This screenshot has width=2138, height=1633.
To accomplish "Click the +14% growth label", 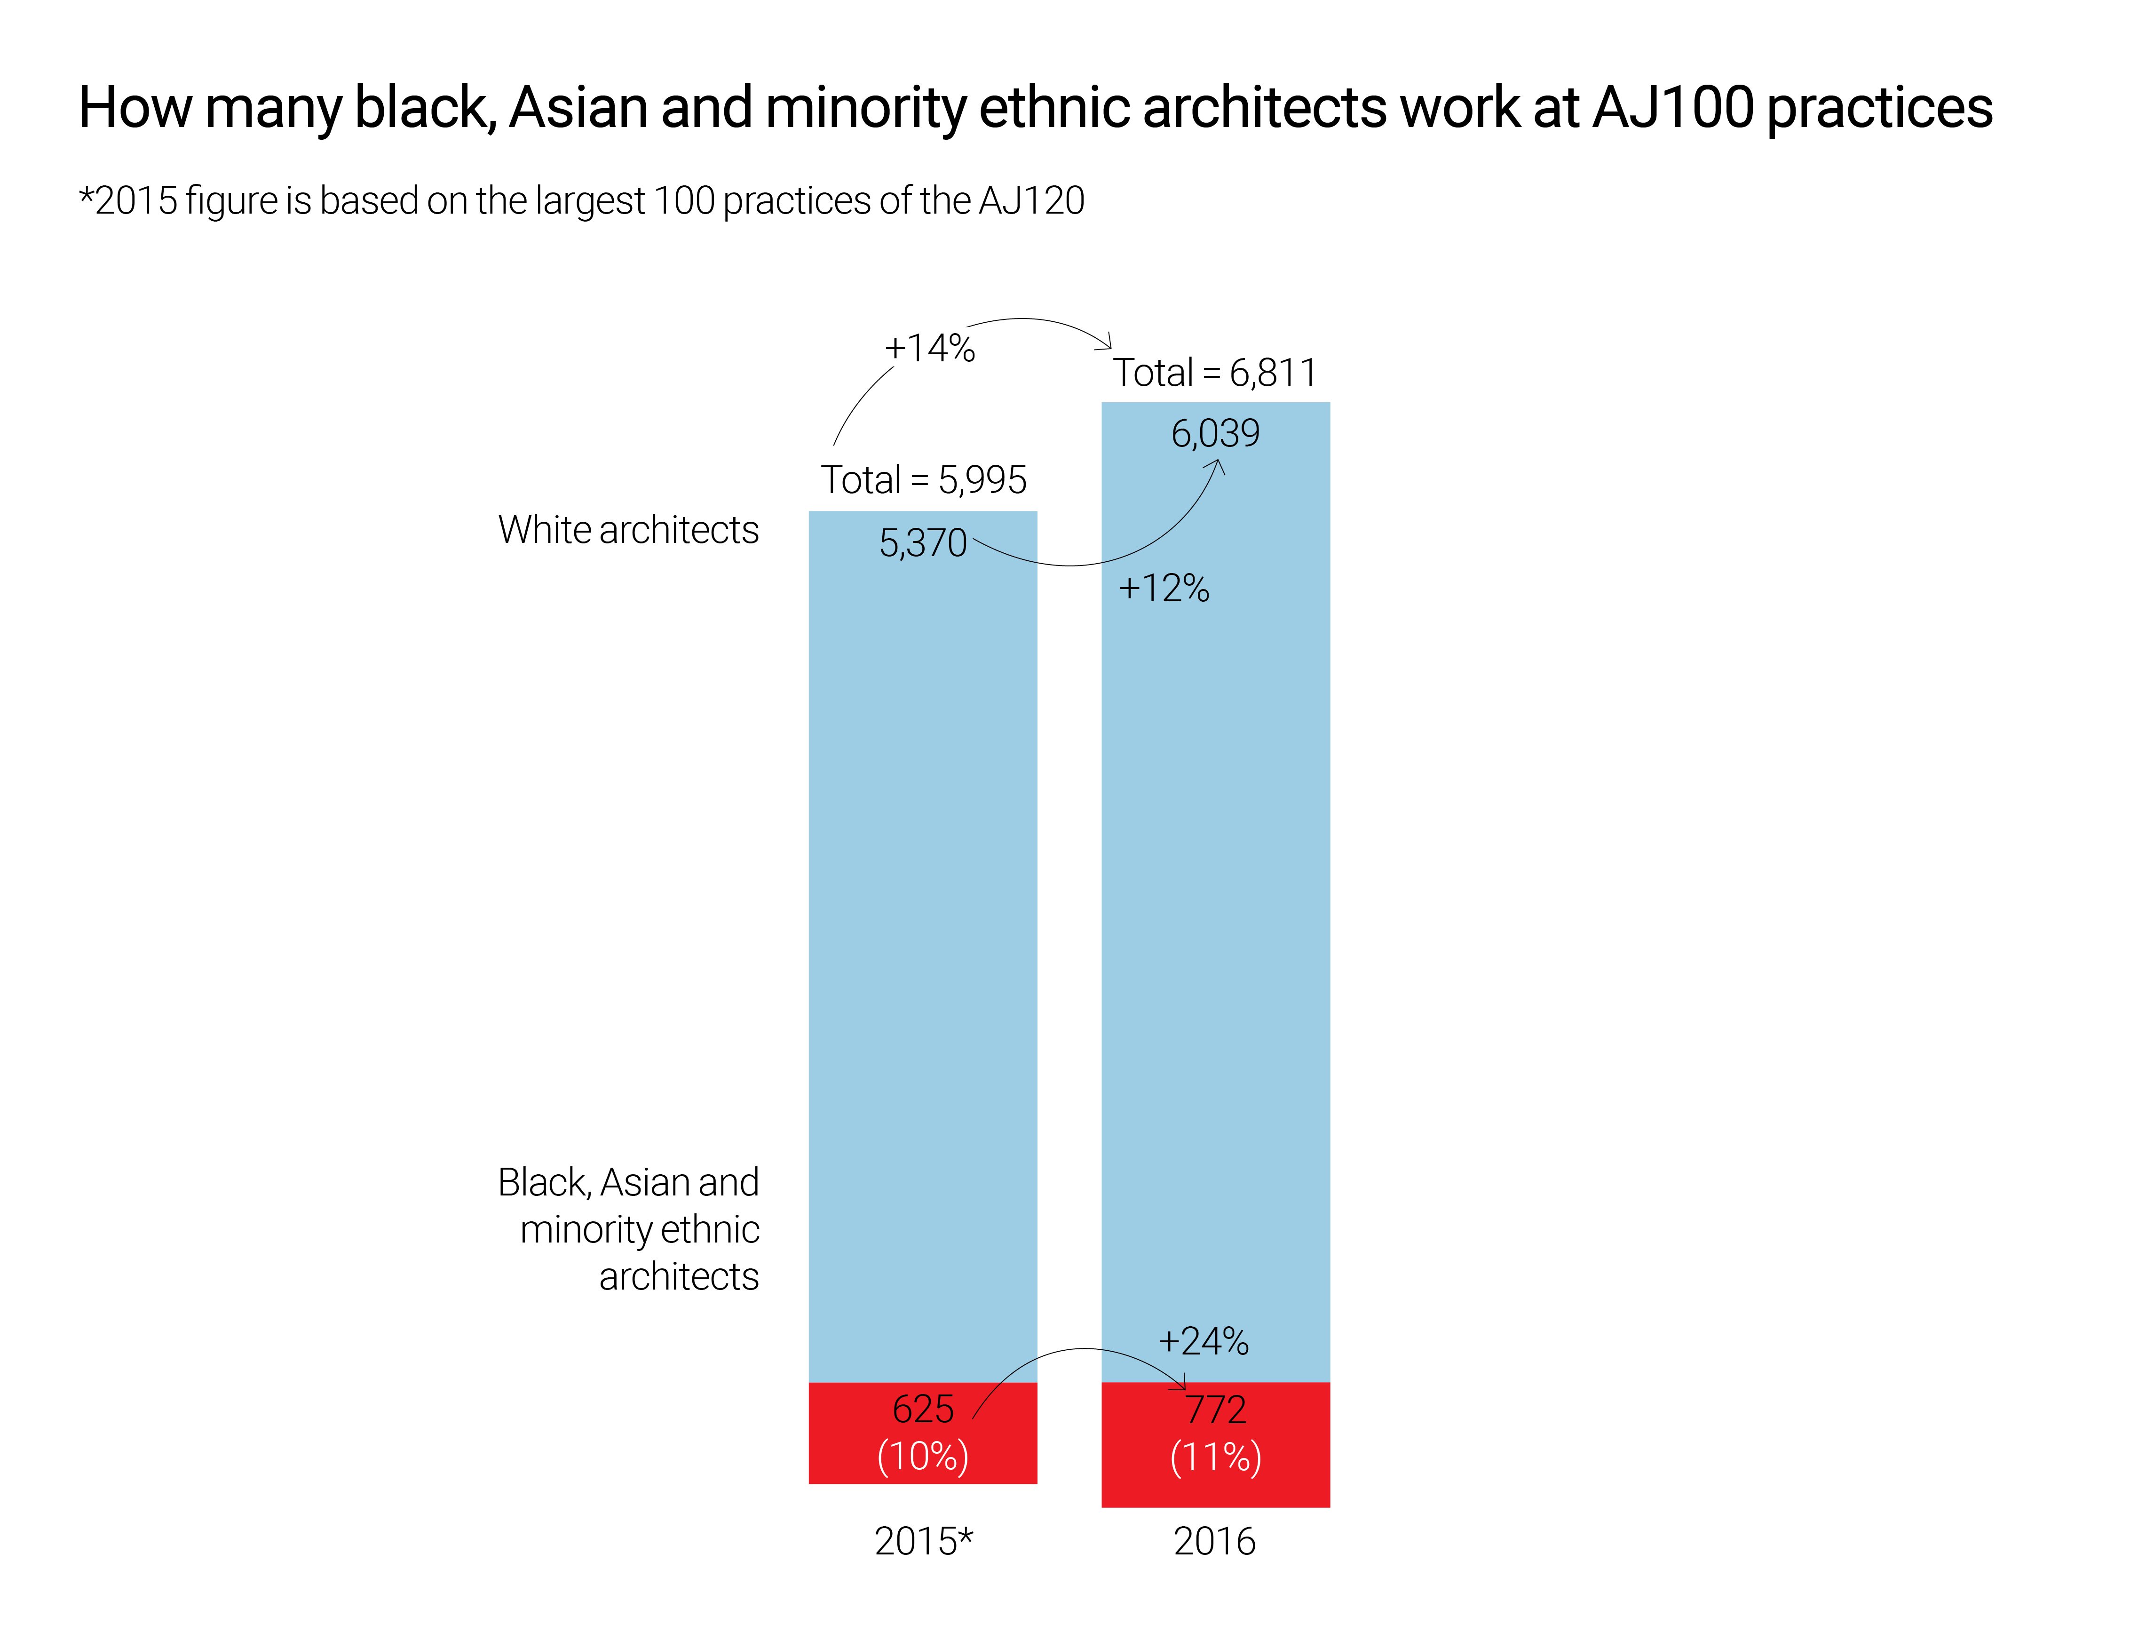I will click(929, 348).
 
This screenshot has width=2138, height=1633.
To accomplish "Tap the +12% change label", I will click(1163, 588).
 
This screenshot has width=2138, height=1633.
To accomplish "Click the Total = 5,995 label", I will click(923, 480).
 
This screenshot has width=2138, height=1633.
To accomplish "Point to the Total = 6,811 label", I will click(1215, 373).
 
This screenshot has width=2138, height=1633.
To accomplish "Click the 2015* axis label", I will click(923, 1542).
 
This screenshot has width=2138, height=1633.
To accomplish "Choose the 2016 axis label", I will click(1215, 1542).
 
